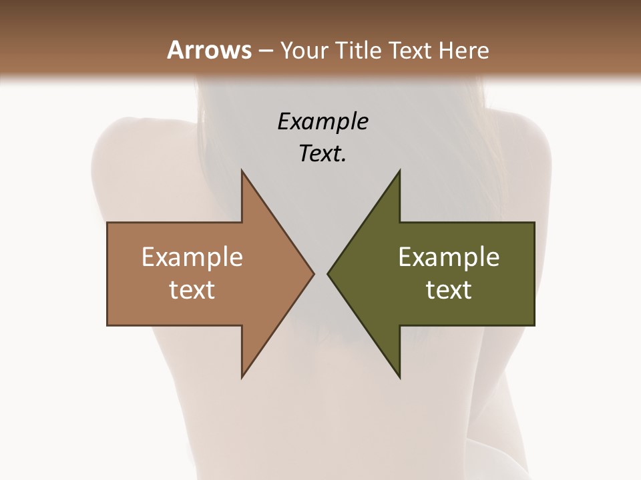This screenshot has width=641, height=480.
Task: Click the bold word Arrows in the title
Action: [209, 50]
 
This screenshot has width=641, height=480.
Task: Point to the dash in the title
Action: [266, 51]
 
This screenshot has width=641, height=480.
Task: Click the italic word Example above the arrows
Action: [323, 122]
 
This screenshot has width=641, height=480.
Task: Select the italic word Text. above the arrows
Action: [323, 154]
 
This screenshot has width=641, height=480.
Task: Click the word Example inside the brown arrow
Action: [192, 257]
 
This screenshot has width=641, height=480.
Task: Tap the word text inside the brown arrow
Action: [192, 290]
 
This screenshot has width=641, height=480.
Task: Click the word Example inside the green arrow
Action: [449, 257]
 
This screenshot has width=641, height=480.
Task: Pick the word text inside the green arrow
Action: [449, 290]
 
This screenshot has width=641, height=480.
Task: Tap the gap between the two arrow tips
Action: [321, 273]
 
